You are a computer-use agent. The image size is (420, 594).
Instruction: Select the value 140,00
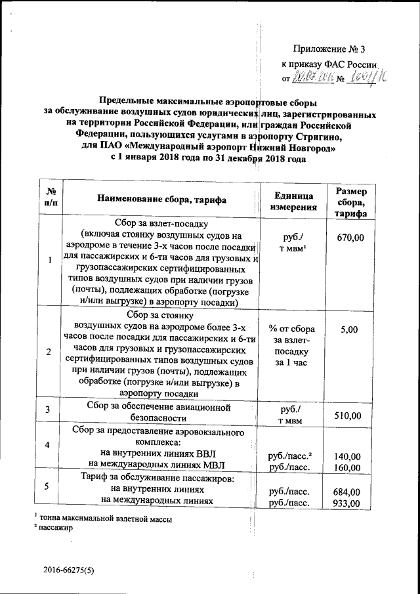click(347, 456)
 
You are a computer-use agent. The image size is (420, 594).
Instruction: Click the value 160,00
click(347, 467)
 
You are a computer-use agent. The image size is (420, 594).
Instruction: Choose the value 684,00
click(347, 492)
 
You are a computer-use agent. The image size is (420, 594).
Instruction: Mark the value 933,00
click(347, 503)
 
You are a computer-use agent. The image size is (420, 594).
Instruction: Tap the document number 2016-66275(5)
click(70, 570)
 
